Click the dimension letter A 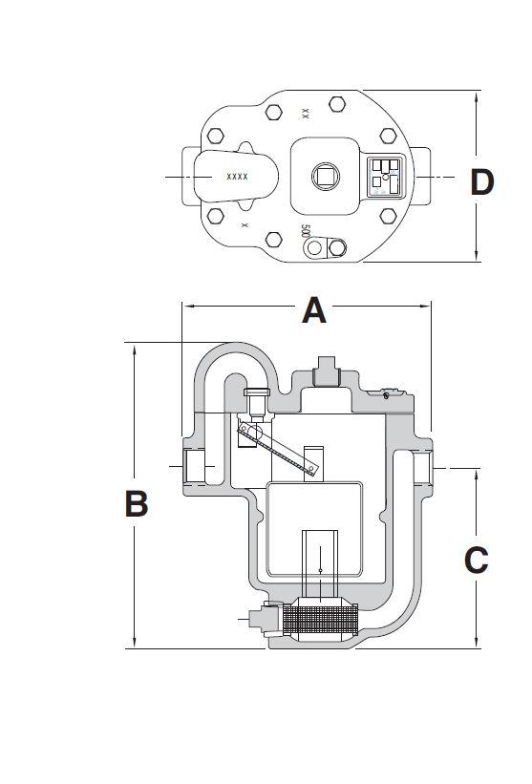click(x=314, y=309)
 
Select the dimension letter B click(x=137, y=502)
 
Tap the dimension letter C click(x=476, y=560)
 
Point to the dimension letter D click(x=482, y=181)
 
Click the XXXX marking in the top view click(x=238, y=177)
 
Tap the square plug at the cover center click(x=324, y=176)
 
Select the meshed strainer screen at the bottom click(x=314, y=622)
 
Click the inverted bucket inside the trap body click(x=314, y=530)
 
